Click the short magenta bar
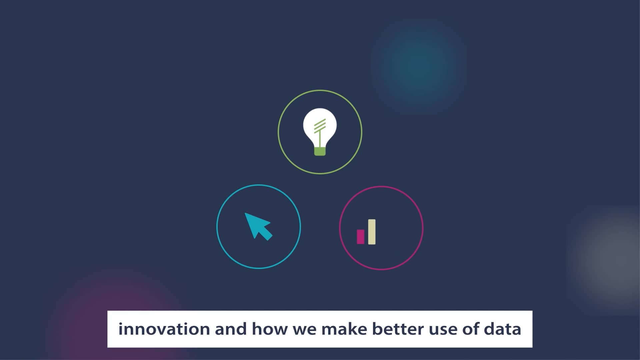pyautogui.click(x=360, y=237)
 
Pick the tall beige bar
pyautogui.click(x=372, y=232)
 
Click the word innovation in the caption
pyautogui.click(x=164, y=329)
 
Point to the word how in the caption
pyautogui.click(x=269, y=329)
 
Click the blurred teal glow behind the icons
pyautogui.click(x=418, y=65)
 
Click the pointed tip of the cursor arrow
pyautogui.click(x=246, y=214)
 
